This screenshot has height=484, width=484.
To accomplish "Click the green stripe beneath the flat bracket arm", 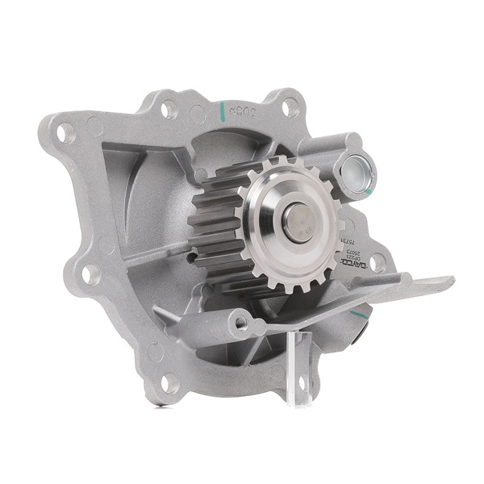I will pos(356,312).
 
